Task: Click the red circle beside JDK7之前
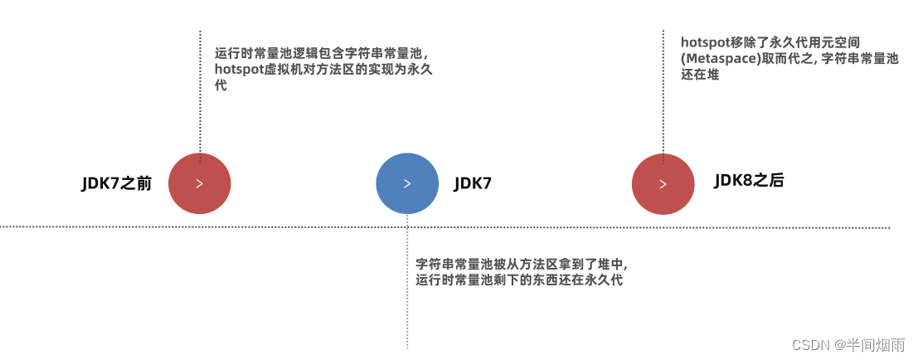[199, 183]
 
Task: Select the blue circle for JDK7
[406, 183]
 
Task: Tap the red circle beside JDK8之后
[663, 184]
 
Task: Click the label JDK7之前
[116, 183]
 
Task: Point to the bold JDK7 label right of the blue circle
[473, 183]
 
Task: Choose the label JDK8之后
[749, 181]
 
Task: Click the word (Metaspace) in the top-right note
[717, 59]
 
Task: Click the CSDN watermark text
[810, 344]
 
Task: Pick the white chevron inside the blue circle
[406, 184]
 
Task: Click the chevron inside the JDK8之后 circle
[663, 184]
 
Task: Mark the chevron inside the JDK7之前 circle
[199, 184]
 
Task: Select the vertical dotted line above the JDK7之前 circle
[200, 91]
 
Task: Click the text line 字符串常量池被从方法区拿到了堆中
[522, 265]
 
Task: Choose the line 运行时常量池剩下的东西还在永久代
[519, 280]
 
